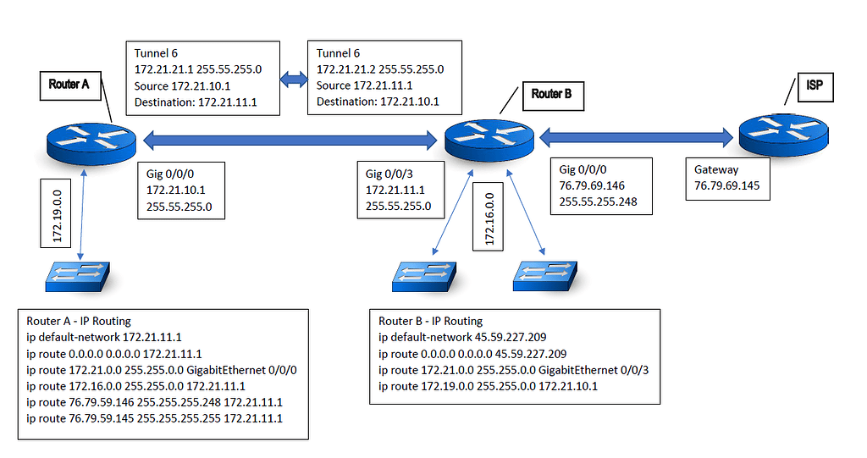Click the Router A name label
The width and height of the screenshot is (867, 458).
69,85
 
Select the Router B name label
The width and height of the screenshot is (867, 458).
551,94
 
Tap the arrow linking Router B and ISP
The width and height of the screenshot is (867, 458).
636,134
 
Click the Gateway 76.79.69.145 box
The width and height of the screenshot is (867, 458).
726,177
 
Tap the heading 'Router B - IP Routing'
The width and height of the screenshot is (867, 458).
430,321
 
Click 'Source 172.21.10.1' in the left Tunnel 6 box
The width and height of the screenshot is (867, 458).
182,86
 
